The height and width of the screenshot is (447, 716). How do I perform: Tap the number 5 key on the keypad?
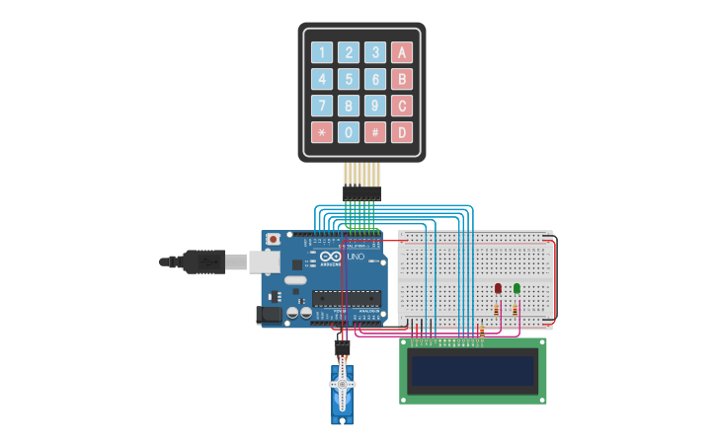coord(349,79)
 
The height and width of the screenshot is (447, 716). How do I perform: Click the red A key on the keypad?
coord(402,52)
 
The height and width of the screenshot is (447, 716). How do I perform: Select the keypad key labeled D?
coord(402,132)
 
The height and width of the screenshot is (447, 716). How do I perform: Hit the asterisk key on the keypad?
coord(322,132)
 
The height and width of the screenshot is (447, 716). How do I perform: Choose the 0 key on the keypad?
coord(349,132)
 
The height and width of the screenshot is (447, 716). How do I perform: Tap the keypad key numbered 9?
coord(375,106)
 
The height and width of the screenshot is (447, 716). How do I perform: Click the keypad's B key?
coord(402,79)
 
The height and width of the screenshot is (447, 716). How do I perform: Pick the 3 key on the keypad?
coord(375,52)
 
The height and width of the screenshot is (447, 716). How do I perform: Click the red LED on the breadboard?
coord(498,288)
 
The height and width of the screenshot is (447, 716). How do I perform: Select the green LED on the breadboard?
coord(517,288)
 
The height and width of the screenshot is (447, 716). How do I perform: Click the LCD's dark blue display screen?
coord(473,372)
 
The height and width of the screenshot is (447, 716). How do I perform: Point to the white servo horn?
coord(342,385)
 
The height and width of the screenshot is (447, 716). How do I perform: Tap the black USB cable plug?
coord(203,261)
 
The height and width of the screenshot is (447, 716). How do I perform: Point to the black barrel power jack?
coord(268,315)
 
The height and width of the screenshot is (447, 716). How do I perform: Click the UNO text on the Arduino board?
coord(356,257)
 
